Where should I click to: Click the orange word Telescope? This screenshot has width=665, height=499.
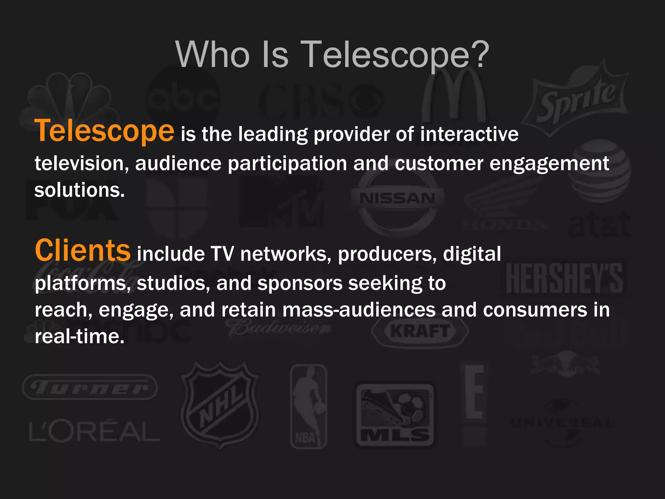(x=104, y=131)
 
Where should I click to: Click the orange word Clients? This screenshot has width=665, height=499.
(x=82, y=250)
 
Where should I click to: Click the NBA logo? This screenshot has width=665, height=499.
(x=307, y=406)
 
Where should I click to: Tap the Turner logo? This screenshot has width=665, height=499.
(x=90, y=388)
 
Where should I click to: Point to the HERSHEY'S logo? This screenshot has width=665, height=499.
(x=564, y=278)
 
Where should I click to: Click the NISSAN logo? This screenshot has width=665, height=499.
(x=397, y=198)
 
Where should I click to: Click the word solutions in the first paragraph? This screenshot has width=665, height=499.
(x=80, y=190)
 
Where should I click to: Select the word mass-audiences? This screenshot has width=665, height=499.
(x=359, y=310)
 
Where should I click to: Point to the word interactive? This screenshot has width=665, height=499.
(x=469, y=134)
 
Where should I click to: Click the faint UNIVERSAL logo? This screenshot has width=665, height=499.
(x=562, y=423)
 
